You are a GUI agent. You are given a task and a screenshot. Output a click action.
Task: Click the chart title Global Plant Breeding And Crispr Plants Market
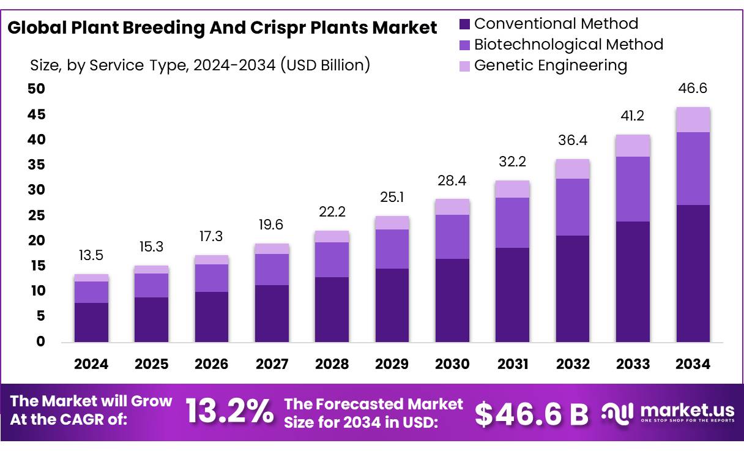coord(223,28)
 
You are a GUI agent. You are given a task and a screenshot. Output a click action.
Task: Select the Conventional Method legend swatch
coord(464,24)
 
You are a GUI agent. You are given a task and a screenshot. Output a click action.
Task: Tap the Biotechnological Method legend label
coord(568,44)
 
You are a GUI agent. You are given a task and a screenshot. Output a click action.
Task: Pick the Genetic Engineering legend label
coord(551,65)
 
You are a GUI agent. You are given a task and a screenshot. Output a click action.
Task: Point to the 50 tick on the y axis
coord(37,89)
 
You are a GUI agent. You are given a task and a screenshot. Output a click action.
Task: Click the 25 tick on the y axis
coord(37,215)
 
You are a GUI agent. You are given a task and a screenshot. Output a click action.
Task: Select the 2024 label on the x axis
coord(91,364)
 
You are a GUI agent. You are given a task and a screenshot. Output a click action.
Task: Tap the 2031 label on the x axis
coord(513,364)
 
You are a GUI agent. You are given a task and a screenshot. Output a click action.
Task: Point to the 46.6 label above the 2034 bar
coord(693,89)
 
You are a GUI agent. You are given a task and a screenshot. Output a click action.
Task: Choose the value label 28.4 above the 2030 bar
coord(452,181)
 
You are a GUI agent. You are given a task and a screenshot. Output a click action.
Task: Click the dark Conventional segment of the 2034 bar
coord(693,273)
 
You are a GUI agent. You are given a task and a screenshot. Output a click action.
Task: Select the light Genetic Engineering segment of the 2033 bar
coord(633,146)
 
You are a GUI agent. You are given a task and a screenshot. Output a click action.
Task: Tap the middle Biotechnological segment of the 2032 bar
coord(573,207)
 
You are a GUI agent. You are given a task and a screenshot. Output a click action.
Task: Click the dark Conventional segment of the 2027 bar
coord(272,313)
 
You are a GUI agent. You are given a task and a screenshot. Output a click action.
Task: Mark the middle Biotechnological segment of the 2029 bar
coord(392,249)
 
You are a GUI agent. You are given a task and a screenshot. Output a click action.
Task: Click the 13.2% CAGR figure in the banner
coord(229,411)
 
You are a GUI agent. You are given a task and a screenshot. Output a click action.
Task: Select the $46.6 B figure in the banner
coord(531,414)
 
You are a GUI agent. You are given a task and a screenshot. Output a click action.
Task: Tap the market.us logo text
coord(681,409)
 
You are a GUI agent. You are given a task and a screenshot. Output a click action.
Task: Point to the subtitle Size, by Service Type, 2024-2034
coord(199,65)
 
